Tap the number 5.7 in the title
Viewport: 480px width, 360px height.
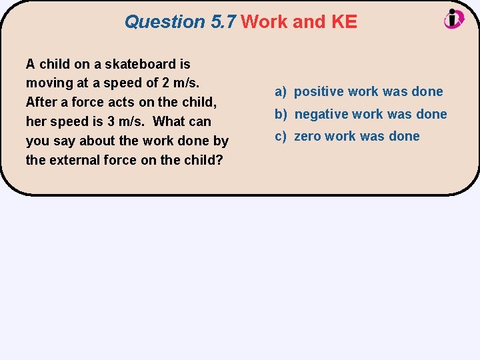tap(223, 22)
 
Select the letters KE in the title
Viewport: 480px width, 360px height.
tap(343, 22)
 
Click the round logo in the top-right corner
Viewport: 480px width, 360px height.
tap(454, 19)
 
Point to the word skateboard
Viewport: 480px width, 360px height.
tap(138, 64)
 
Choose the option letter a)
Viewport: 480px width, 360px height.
tap(281, 92)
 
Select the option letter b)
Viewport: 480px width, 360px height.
tap(281, 114)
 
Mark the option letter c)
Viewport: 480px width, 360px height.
tap(281, 137)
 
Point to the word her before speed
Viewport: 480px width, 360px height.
tap(36, 121)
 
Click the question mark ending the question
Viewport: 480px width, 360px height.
tap(219, 160)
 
